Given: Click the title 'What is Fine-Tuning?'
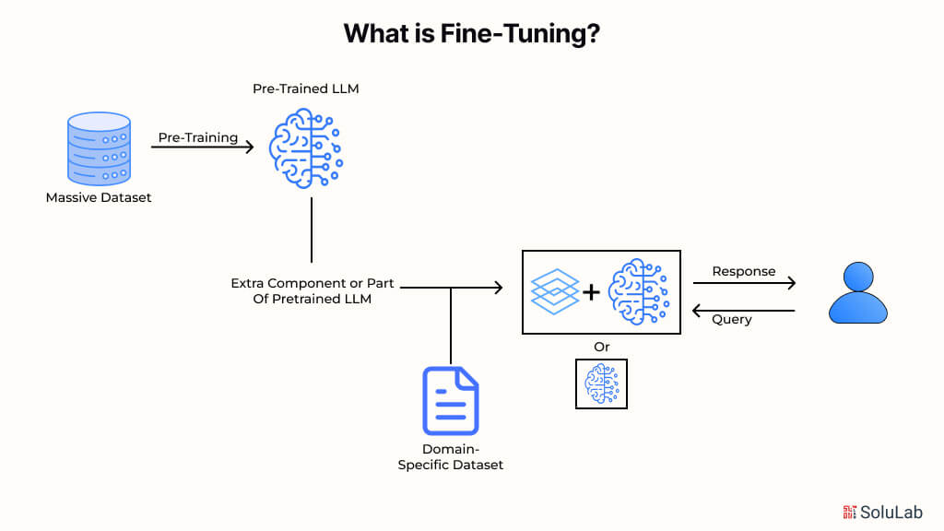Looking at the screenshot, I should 472,34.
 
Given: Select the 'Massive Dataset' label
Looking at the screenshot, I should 99,197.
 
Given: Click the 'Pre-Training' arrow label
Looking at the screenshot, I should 198,137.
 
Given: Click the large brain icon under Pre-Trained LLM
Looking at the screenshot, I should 305,147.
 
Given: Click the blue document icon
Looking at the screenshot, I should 450,401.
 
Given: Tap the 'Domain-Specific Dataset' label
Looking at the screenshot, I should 450,457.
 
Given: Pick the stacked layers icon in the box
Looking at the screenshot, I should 555,292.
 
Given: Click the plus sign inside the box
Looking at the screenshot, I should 591,293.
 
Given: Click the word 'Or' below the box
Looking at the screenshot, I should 601,347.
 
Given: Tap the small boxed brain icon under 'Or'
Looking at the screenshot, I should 601,383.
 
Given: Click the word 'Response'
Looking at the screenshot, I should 744,272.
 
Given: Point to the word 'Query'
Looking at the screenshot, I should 732,319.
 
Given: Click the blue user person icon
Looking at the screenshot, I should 857,293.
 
